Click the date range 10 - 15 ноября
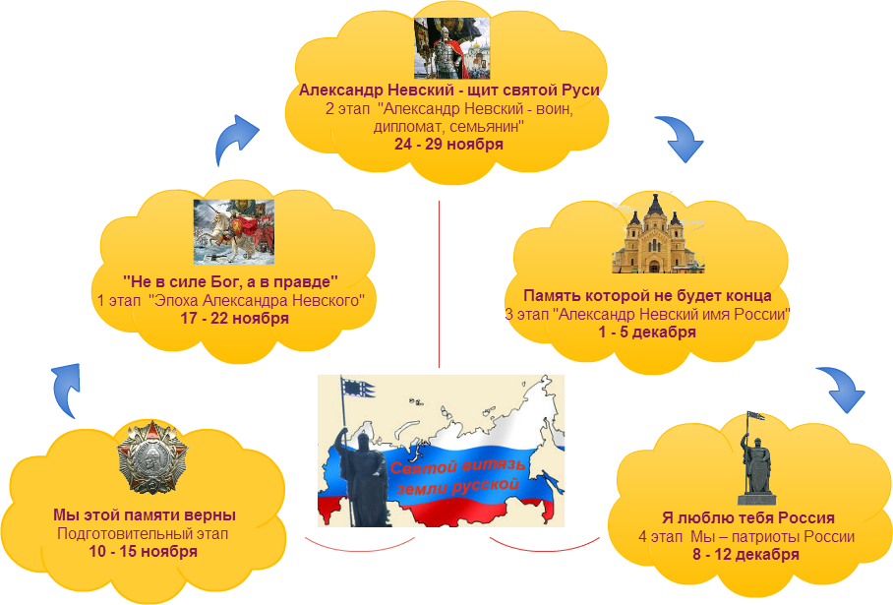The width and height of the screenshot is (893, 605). click(x=144, y=551)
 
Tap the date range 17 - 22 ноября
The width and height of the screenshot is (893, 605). click(x=233, y=318)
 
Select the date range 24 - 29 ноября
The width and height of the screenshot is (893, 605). click(x=448, y=144)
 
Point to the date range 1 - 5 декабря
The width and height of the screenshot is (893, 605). click(x=647, y=332)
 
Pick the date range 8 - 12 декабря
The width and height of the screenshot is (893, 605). click(x=744, y=554)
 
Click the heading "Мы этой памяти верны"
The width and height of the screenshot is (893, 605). click(x=144, y=514)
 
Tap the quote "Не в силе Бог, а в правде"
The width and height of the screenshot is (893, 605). click(x=231, y=281)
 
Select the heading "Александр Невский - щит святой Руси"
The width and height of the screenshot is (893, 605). click(x=449, y=90)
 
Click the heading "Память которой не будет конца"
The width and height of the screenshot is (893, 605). click(x=646, y=295)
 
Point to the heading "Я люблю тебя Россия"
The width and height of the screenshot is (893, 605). click(x=747, y=517)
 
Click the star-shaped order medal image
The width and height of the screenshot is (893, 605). click(x=147, y=458)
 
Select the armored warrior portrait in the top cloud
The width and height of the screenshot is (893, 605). click(x=451, y=48)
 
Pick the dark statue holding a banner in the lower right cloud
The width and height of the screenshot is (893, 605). click(x=755, y=454)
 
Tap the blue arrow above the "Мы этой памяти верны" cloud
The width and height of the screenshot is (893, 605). click(x=67, y=387)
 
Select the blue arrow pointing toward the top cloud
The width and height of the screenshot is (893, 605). click(x=237, y=135)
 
